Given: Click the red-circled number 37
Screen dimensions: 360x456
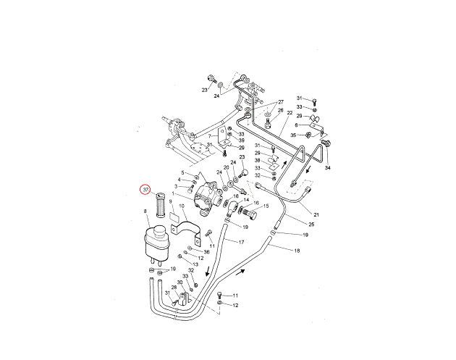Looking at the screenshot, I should pos(145,190).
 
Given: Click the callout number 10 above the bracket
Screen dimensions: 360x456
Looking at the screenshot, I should pos(182,206).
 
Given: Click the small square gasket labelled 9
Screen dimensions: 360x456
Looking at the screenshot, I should pos(174,215).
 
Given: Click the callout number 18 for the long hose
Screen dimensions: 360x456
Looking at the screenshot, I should pos(297,250).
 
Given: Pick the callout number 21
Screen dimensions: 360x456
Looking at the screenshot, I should pos(316,214).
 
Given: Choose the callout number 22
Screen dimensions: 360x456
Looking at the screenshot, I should pos(290,113).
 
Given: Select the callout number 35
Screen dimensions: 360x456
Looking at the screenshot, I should pos(294,135).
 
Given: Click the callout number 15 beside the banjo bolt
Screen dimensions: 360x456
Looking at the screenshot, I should pos(265,206).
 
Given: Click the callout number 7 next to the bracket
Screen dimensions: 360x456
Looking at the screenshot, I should pos(209,135).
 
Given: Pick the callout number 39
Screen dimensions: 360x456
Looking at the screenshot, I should pos(242,141).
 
